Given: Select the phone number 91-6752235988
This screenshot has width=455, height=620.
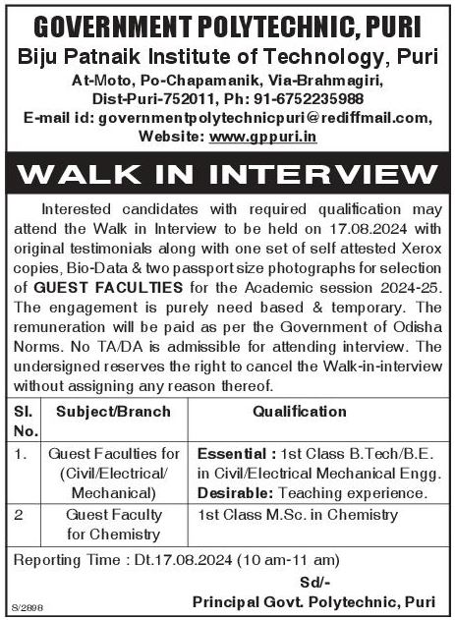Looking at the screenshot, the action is coord(308,98).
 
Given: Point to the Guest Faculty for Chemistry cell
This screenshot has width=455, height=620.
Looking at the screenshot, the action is coord(113,525).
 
